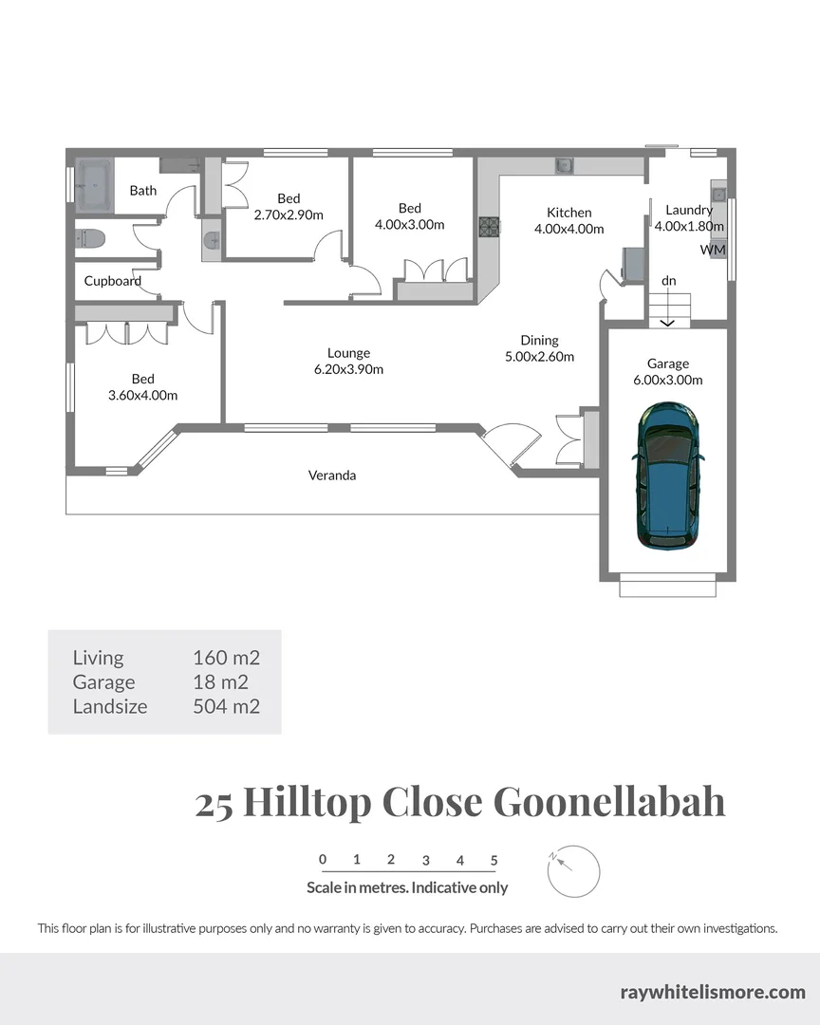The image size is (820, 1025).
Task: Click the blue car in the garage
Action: click(668, 474)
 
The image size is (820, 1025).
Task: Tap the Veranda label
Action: click(332, 475)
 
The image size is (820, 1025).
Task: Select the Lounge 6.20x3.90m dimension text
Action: click(348, 369)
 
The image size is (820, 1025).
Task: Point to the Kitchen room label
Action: click(569, 213)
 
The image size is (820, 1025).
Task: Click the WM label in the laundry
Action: click(713, 250)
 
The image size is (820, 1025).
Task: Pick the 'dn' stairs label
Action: click(669, 281)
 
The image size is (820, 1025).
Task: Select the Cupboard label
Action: click(112, 281)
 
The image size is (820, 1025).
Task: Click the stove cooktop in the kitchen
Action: click(489, 226)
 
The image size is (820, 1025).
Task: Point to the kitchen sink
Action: click(564, 166)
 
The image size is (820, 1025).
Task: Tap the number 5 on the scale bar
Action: click(494, 861)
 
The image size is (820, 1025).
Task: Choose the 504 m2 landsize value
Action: click(226, 706)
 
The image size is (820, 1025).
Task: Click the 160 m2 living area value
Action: click(226, 658)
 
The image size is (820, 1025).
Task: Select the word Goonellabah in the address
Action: click(609, 802)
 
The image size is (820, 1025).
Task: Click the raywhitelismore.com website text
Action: click(712, 993)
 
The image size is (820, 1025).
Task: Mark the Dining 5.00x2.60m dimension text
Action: click(539, 357)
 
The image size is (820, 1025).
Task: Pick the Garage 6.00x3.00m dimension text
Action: click(668, 380)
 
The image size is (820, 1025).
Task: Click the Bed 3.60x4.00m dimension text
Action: click(142, 395)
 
